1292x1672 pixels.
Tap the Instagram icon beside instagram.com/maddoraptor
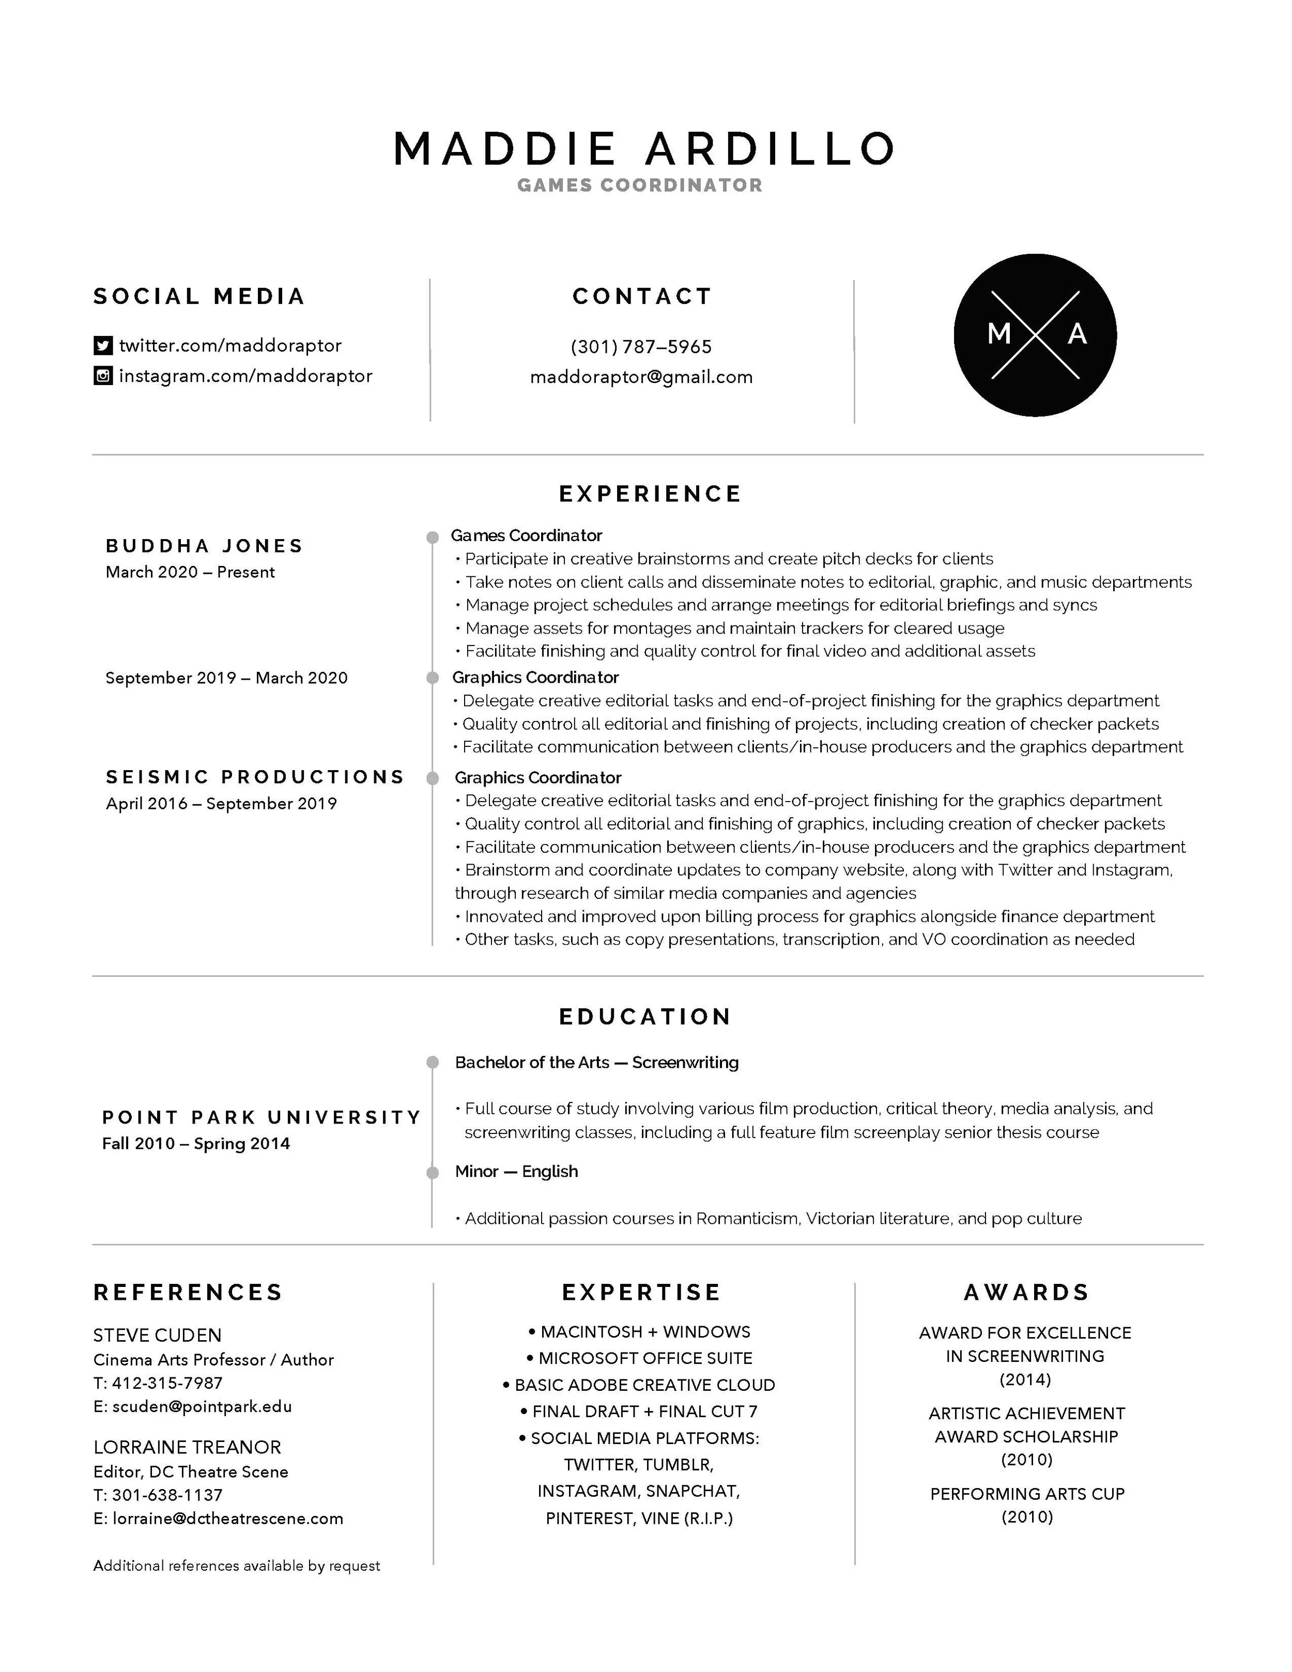point(102,376)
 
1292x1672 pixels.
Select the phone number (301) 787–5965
point(641,347)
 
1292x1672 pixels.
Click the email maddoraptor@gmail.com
point(641,377)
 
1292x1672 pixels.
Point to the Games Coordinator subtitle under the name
point(640,185)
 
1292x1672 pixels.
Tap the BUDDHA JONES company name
point(204,546)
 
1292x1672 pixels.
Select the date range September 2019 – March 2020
point(226,678)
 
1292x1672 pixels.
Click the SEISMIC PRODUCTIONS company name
point(255,777)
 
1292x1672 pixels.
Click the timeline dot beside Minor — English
point(433,1172)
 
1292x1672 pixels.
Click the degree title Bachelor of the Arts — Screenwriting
point(597,1063)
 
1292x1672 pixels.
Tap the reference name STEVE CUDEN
point(157,1335)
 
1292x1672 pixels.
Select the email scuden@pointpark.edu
point(202,1406)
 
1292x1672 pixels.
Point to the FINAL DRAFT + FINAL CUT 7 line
point(639,1411)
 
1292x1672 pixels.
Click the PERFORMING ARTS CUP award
point(1027,1494)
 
